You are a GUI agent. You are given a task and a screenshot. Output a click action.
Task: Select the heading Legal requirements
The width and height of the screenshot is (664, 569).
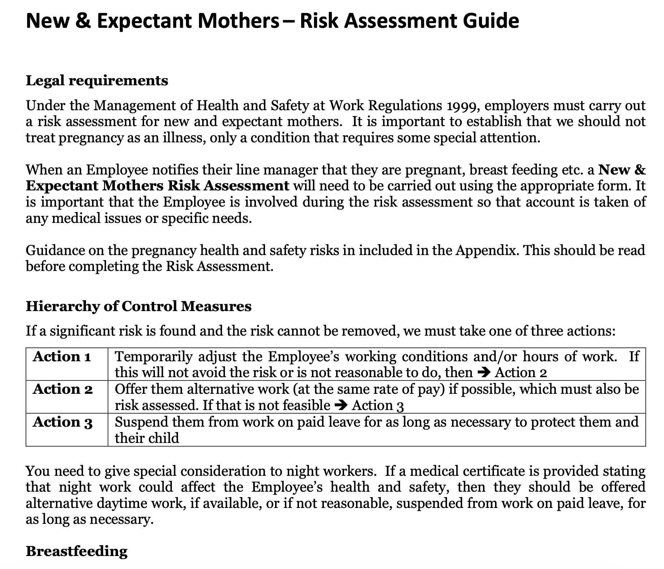coord(97,81)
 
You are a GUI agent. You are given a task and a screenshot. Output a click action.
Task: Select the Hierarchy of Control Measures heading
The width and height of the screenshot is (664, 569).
coord(139,306)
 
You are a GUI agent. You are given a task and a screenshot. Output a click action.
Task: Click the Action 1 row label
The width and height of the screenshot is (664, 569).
coord(62,357)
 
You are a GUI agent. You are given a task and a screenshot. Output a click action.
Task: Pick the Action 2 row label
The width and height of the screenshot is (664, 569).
coord(63,389)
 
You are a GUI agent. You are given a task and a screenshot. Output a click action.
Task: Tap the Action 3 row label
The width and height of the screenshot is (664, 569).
coord(63,422)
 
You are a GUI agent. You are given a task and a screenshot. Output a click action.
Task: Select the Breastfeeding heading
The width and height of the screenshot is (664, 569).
coord(77,551)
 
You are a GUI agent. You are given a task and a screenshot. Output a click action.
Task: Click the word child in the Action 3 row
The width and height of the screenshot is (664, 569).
coord(165,438)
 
